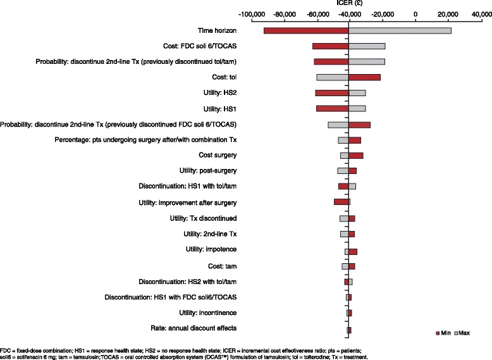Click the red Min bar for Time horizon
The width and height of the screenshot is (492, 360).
pyautogui.click(x=306, y=30)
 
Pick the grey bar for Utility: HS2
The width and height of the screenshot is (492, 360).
pyautogui.click(x=357, y=93)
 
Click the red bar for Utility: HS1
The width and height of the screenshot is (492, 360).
pyautogui.click(x=332, y=109)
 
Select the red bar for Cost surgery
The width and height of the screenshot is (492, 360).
pyautogui.click(x=355, y=156)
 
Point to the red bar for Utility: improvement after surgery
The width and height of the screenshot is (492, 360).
pyautogui.click(x=341, y=202)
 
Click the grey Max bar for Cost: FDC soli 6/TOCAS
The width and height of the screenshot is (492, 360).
pyautogui.click(x=367, y=46)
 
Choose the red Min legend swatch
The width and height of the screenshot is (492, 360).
pyautogui.click(x=438, y=332)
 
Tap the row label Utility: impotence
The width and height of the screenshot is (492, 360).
pyautogui.click(x=211, y=250)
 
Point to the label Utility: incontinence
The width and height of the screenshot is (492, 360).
pyautogui.click(x=207, y=313)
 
